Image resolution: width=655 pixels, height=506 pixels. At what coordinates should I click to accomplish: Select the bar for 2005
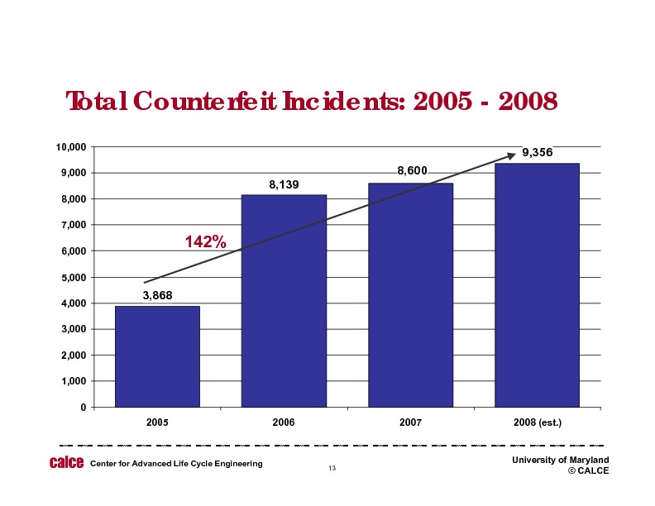click(157, 356)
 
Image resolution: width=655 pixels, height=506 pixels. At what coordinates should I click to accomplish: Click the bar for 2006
click(284, 301)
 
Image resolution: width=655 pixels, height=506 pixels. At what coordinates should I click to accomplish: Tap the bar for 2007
click(410, 295)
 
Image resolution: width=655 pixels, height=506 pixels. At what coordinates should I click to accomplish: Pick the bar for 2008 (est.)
click(537, 285)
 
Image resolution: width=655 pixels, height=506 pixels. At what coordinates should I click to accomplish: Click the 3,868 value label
click(157, 295)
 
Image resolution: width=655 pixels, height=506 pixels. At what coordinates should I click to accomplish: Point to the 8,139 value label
click(284, 184)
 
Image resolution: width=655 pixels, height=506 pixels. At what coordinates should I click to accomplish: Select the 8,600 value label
click(412, 171)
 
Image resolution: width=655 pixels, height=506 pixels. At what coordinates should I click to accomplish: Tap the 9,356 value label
click(538, 153)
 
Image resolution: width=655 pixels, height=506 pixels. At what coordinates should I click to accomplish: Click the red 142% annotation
click(205, 241)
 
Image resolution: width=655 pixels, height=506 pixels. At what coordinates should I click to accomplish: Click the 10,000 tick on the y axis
click(71, 147)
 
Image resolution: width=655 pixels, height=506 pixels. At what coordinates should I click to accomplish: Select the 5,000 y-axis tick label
click(74, 278)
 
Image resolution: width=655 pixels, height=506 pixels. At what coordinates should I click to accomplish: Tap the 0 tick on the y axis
click(83, 408)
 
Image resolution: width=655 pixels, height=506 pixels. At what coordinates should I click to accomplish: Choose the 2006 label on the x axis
click(284, 422)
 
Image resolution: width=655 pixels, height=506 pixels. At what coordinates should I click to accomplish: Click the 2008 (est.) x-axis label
click(537, 422)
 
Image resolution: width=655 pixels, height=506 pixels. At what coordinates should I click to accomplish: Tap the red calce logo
click(67, 463)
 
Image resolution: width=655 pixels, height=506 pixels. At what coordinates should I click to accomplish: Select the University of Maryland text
click(560, 460)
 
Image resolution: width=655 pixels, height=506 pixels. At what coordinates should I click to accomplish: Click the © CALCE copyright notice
click(588, 470)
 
